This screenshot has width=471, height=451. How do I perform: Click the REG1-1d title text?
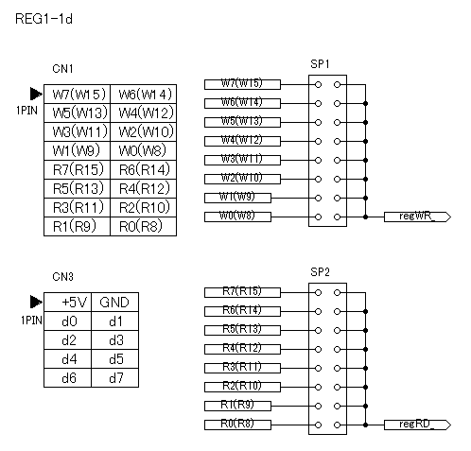click(x=44, y=19)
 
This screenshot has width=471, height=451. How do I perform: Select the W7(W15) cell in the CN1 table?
click(x=78, y=94)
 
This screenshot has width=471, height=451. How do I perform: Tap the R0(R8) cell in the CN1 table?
click(x=144, y=226)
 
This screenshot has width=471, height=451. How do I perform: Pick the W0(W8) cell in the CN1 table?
click(x=144, y=150)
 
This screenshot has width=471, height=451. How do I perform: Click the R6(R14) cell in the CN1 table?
click(x=144, y=169)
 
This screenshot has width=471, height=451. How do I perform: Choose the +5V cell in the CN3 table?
click(x=68, y=302)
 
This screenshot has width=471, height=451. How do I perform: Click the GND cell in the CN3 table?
click(x=115, y=302)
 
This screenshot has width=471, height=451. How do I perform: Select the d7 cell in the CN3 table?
click(x=115, y=377)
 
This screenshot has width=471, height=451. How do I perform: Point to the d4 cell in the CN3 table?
click(x=68, y=358)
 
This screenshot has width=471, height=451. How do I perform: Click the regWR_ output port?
click(x=417, y=217)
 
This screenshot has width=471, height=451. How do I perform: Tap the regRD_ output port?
click(x=417, y=425)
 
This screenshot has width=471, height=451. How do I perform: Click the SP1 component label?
click(x=320, y=64)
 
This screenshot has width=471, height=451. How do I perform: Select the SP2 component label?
click(x=320, y=272)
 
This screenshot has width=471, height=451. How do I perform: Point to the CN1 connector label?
click(x=62, y=69)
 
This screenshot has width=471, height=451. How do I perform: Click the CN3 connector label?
click(x=62, y=277)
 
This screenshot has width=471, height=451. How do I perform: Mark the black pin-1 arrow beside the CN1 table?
click(x=36, y=94)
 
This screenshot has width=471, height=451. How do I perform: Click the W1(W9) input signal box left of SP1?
click(x=237, y=198)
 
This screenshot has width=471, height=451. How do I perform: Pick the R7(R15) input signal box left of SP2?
click(x=242, y=292)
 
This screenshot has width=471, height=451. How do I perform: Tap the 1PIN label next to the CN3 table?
click(x=31, y=321)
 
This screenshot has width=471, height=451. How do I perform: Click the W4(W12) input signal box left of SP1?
click(x=242, y=141)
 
